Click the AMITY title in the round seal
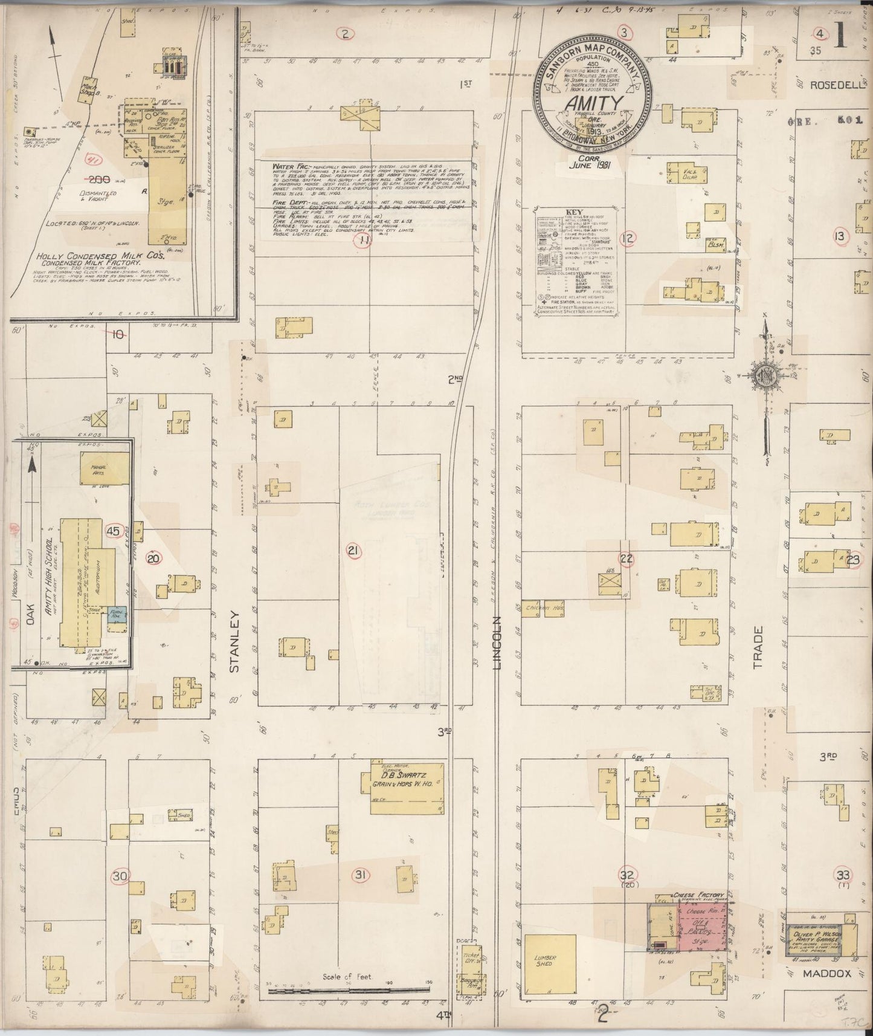pyautogui.click(x=594, y=105)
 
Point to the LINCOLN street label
pyautogui.click(x=497, y=643)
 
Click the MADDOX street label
pyautogui.click(x=827, y=974)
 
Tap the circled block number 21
pyautogui.click(x=353, y=550)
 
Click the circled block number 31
pyautogui.click(x=361, y=875)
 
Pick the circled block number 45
pyautogui.click(x=113, y=531)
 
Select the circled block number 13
pyautogui.click(x=840, y=236)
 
